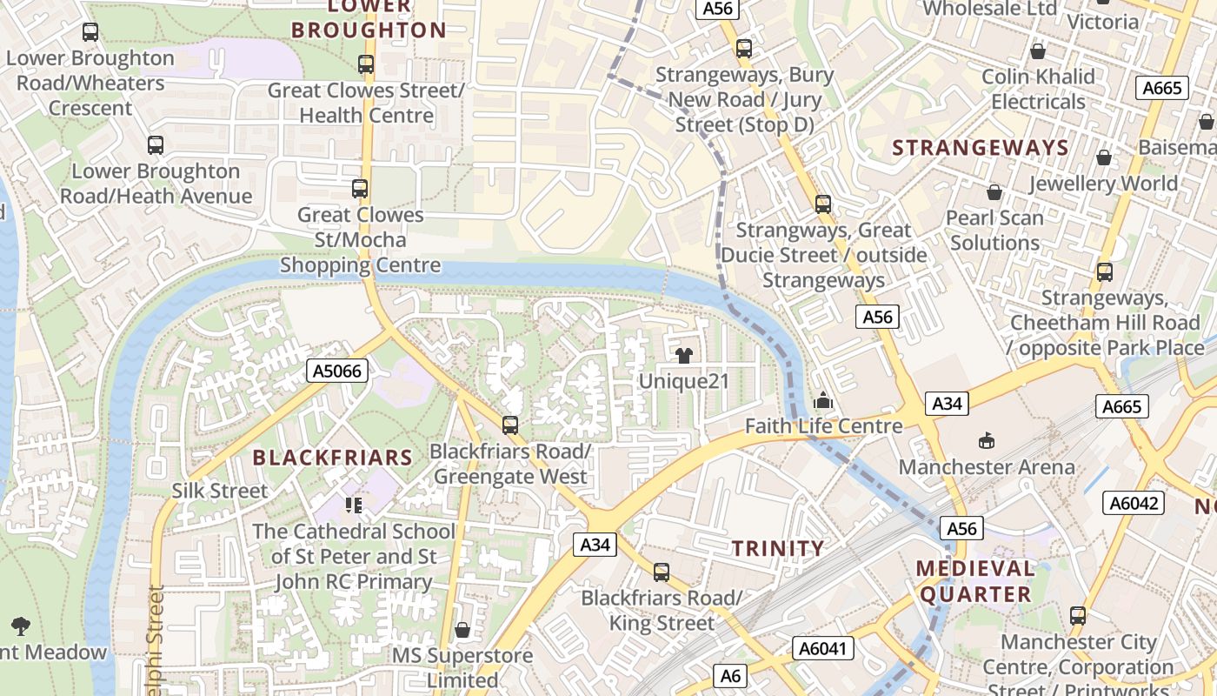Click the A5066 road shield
point(338,371)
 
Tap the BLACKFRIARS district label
point(332,458)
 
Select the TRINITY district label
point(777,548)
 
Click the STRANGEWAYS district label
point(980,148)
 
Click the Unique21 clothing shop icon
point(684,355)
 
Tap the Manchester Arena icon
point(987,441)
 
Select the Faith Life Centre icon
point(822,401)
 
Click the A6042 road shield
point(1134,502)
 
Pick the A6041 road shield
point(823,647)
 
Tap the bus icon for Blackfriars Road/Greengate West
point(510,425)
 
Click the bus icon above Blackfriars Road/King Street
point(662,572)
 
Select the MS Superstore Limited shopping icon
point(462,629)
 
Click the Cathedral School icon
point(353,505)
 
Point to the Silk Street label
point(220,491)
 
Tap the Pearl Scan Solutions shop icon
point(994,191)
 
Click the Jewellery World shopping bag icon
point(1103,157)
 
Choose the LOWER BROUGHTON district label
point(369,19)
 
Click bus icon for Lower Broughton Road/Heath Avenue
point(156,145)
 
